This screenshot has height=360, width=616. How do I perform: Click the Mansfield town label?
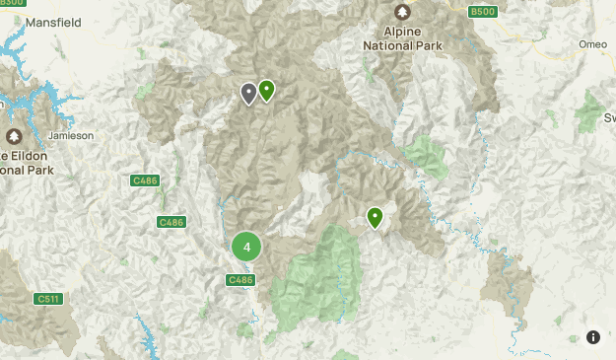pos(52,21)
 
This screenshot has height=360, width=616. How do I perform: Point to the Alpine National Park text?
pos(403,37)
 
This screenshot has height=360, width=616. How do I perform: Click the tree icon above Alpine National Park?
pos(402,11)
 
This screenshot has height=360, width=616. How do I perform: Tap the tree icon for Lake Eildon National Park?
pos(14,136)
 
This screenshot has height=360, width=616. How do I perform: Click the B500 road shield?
pos(482,11)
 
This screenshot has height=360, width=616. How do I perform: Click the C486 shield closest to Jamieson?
pos(144,180)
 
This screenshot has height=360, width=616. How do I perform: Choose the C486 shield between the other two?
pos(171,222)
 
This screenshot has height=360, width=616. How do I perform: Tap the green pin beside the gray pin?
pos(266,91)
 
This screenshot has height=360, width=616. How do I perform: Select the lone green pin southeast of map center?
pos(375,217)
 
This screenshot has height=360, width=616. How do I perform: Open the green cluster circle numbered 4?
pos(246,247)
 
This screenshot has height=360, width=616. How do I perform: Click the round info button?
pos(593,337)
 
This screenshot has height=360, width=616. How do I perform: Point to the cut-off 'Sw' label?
pos(607,117)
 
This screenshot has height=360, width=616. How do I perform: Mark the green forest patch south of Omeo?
pos(590,108)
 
